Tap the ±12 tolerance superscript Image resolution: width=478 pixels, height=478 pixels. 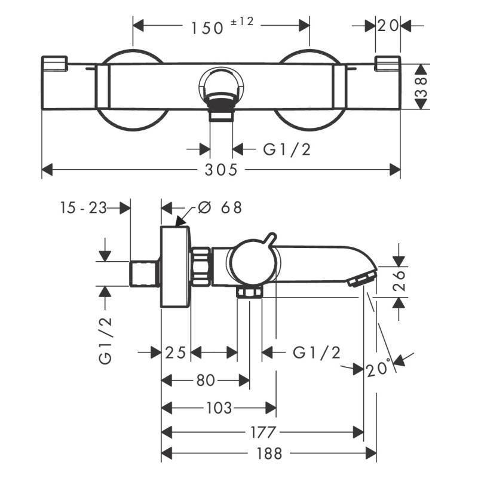click(x=243, y=22)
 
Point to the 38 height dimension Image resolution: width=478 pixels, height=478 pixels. click(x=421, y=86)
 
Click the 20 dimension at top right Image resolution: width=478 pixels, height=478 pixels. click(x=388, y=26)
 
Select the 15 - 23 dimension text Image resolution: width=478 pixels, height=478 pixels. click(x=83, y=208)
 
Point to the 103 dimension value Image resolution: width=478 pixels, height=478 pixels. click(x=219, y=409)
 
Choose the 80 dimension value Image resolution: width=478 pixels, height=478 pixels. click(x=205, y=380)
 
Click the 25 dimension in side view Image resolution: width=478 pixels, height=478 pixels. click(x=176, y=353)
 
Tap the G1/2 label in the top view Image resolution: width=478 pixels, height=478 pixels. click(x=287, y=150)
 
